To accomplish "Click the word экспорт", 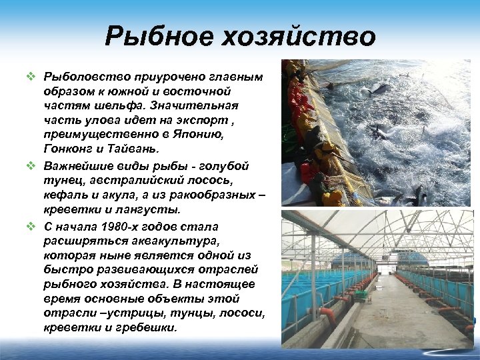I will (x=202, y=121).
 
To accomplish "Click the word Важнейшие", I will (x=76, y=167).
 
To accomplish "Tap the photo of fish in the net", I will (x=377, y=133).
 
